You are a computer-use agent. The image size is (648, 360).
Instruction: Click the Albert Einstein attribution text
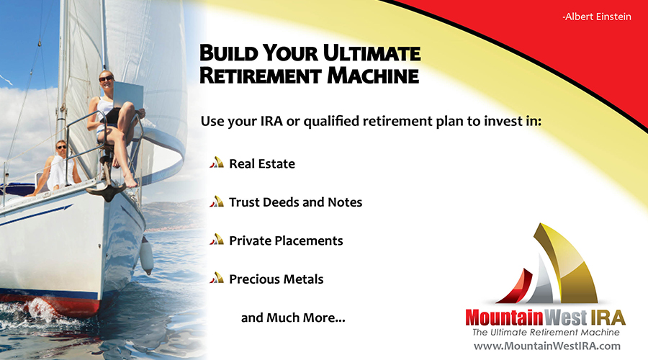(x=596, y=17)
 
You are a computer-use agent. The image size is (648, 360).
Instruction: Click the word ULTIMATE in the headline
(x=372, y=54)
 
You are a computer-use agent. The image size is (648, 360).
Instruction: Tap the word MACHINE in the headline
(x=373, y=76)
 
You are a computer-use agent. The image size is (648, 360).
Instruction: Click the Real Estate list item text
(x=262, y=163)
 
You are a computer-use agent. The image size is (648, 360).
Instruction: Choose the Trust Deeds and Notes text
(x=295, y=202)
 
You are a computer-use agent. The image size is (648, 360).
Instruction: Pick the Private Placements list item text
(x=286, y=240)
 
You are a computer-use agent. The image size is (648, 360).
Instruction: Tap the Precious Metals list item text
(x=276, y=279)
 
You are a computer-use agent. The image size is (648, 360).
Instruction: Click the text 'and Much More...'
(x=293, y=318)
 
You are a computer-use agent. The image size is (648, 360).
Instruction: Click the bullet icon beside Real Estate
(x=217, y=163)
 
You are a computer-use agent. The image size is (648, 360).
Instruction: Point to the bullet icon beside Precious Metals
(x=217, y=278)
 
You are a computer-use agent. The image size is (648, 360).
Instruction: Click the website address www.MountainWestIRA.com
(x=546, y=346)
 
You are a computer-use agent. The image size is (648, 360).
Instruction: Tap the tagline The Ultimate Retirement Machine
(x=546, y=333)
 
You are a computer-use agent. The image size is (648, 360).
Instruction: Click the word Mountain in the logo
(x=504, y=318)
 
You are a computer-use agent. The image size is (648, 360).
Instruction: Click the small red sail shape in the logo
(x=516, y=287)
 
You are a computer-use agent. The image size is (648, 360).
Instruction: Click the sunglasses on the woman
(x=106, y=78)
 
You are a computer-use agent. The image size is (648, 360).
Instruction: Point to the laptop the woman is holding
(x=127, y=96)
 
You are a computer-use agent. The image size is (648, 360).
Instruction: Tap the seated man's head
(x=61, y=147)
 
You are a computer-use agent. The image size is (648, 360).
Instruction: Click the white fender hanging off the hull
(x=146, y=255)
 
